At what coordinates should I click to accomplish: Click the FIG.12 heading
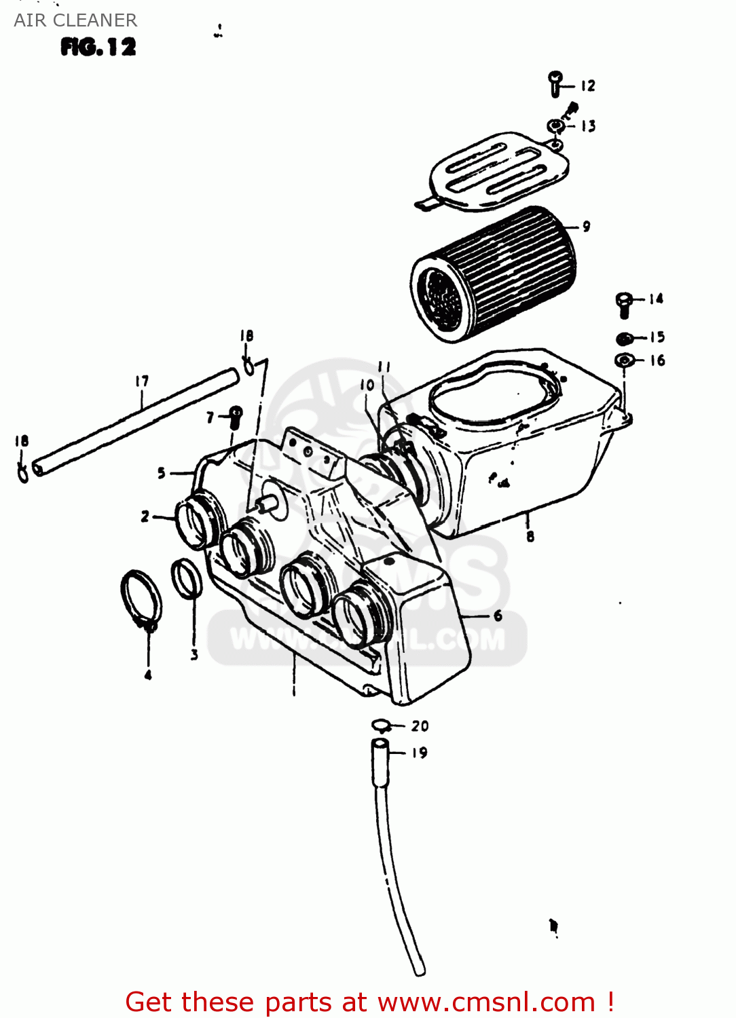[x=98, y=47]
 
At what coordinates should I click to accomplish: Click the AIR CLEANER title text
[x=75, y=20]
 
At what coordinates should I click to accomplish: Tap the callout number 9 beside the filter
[x=586, y=227]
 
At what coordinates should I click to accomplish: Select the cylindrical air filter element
[x=494, y=275]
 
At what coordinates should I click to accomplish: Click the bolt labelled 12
[x=555, y=83]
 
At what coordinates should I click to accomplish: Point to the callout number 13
[x=588, y=126]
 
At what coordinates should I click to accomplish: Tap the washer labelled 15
[x=625, y=338]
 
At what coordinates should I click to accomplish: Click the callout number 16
[x=657, y=360]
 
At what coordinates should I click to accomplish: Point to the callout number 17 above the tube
[x=142, y=381]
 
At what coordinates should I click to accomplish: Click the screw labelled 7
[x=236, y=417]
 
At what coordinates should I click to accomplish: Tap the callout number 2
[x=145, y=516]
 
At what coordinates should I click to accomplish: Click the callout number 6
[x=498, y=616]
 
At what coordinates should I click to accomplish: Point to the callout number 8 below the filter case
[x=530, y=536]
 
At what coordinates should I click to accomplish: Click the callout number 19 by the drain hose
[x=420, y=753]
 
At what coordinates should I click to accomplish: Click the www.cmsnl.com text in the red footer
[x=486, y=1002]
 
